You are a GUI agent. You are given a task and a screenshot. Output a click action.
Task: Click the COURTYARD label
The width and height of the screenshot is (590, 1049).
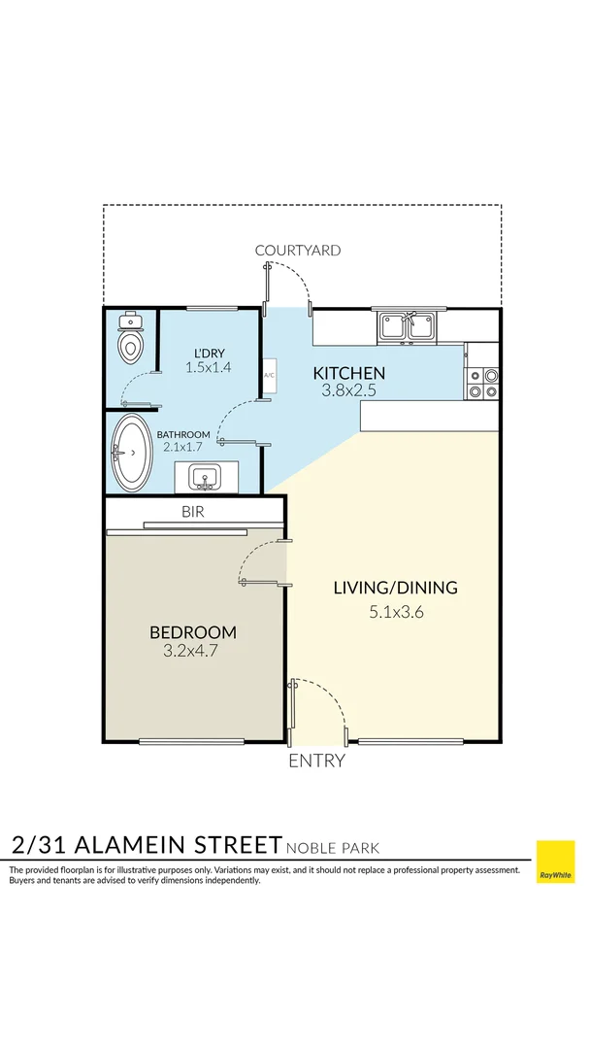298,251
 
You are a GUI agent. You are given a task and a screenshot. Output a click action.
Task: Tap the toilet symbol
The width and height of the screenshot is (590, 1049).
130,339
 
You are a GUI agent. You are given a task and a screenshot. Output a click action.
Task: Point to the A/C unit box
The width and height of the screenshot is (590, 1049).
269,375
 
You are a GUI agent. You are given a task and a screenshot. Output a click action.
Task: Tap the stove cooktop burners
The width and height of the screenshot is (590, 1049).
483,384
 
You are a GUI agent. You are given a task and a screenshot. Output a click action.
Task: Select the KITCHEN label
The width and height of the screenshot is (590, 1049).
348,373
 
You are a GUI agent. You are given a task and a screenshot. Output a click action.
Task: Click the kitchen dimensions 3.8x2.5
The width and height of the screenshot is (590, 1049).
348,390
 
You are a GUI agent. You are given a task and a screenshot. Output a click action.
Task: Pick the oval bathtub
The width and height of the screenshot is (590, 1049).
133,453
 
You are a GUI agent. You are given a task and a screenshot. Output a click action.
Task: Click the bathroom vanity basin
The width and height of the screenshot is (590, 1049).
205,477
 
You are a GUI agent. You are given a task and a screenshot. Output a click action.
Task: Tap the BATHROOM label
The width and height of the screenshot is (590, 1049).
184,434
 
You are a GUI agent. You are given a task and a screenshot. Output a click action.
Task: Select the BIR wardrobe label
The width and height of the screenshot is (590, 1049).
192,512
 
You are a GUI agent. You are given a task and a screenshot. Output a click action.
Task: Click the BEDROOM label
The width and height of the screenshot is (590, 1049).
192,632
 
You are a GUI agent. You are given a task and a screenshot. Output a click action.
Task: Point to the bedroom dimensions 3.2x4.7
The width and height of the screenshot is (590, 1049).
192,651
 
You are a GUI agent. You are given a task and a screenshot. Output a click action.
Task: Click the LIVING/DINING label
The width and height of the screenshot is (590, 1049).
395,588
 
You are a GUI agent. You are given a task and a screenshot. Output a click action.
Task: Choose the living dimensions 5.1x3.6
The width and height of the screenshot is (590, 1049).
395,612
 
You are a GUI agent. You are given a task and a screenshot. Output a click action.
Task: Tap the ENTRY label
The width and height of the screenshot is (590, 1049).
316,761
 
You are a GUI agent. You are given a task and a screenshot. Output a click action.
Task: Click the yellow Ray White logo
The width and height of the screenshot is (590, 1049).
555,862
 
